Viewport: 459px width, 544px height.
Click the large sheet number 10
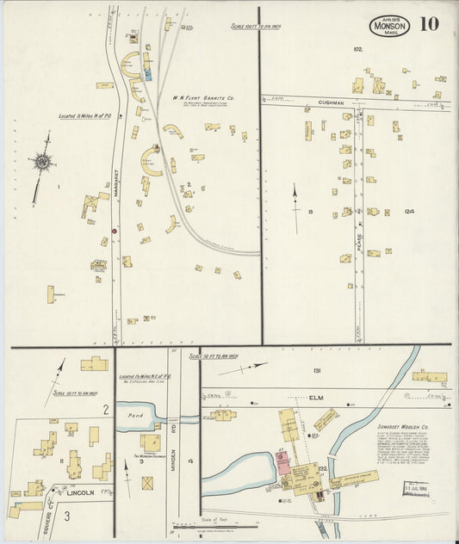[428, 23]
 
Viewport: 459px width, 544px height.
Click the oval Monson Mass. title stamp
[390, 26]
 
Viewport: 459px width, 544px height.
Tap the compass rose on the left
[41, 162]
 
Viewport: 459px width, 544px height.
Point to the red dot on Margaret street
[114, 231]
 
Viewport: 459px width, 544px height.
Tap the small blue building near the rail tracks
[148, 75]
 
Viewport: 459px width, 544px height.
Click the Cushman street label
[331, 102]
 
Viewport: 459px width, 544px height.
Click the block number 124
[408, 211]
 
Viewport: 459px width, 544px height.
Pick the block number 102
[357, 50]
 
